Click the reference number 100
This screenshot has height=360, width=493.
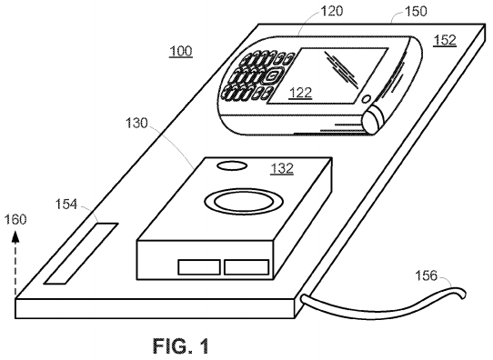click(180, 53)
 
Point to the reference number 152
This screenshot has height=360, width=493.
click(445, 40)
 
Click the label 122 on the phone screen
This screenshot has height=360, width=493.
click(302, 92)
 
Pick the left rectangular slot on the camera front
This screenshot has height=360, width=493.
click(199, 267)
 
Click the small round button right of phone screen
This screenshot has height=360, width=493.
click(366, 98)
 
